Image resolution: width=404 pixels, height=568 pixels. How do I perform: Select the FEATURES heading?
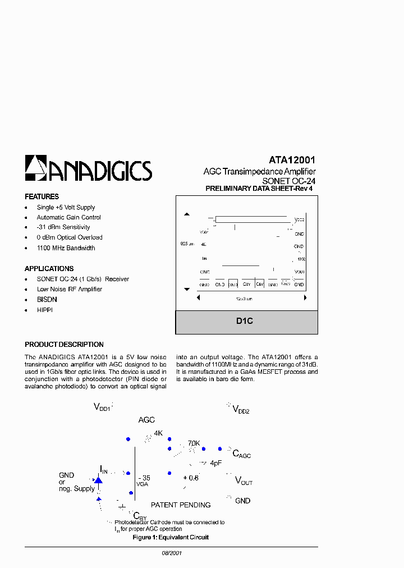[x=42, y=197]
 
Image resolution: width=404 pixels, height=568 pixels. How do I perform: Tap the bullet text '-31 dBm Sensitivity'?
[x=63, y=227]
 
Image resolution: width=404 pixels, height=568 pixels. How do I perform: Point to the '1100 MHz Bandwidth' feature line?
[x=66, y=248]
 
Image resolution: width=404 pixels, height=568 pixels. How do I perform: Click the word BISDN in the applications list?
[x=47, y=300]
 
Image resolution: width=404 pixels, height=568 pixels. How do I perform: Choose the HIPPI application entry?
[x=44, y=310]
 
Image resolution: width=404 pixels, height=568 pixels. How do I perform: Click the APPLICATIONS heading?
[x=49, y=269]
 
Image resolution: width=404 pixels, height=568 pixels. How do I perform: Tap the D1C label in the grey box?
[x=245, y=322]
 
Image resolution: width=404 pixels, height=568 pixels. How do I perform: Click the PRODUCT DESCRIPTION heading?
[x=64, y=345]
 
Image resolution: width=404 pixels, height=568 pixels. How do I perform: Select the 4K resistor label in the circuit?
[x=158, y=433]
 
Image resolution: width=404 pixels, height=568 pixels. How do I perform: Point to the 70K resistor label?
[x=194, y=443]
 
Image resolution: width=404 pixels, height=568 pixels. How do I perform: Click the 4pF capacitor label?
[x=215, y=464]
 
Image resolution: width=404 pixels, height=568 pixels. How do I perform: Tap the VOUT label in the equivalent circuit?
[x=244, y=481]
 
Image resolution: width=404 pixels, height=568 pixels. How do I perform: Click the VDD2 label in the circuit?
[x=241, y=410]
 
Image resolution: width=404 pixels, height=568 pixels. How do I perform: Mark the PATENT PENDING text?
[x=181, y=505]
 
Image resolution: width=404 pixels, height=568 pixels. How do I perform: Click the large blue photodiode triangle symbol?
[x=98, y=480]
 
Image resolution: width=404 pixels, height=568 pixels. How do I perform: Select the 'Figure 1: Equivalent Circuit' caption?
[x=171, y=537]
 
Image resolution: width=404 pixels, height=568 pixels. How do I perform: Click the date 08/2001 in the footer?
[x=171, y=553]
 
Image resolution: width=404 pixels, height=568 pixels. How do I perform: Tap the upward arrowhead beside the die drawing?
[x=187, y=214]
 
